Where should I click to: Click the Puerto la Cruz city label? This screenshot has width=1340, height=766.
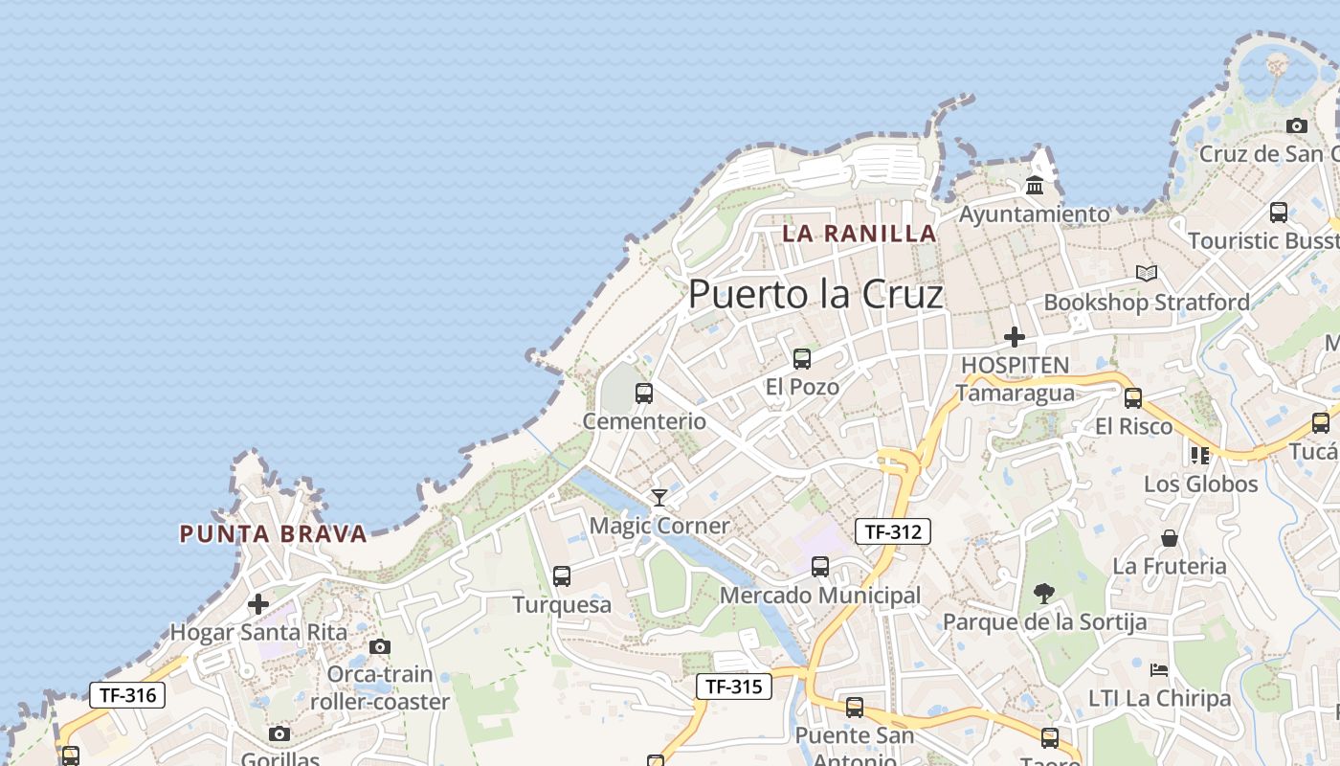(815, 294)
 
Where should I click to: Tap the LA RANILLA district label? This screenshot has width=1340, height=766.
(859, 233)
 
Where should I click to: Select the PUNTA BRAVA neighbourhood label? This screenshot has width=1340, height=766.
(274, 534)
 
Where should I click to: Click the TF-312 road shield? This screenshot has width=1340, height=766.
(892, 531)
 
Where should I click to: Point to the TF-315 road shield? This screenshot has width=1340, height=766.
(733, 687)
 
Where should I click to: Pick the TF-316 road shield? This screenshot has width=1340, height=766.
(127, 695)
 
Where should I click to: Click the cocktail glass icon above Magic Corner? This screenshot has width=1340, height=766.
(659, 497)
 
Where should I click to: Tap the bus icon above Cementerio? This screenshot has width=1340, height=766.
(644, 393)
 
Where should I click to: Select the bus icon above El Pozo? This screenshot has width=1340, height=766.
(802, 359)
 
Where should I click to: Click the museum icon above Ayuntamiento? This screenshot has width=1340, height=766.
(1034, 185)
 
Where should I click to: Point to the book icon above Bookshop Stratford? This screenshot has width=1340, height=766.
(1146, 274)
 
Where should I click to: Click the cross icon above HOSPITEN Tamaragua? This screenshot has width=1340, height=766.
(1015, 337)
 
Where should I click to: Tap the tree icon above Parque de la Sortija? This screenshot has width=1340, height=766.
(1044, 594)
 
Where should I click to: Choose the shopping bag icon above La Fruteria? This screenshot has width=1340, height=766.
(1169, 538)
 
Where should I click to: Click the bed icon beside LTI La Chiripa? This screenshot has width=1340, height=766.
(1159, 669)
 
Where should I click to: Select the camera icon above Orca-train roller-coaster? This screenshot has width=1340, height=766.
(380, 646)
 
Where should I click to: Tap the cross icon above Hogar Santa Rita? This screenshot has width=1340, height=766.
(257, 604)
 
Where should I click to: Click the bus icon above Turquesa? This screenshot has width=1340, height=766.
(562, 576)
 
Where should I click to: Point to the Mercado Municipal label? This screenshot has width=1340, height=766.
(819, 596)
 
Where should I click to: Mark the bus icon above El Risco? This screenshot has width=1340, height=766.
(1133, 398)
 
